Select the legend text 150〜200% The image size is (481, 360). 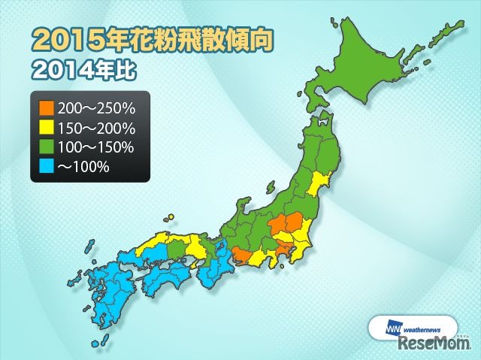[95, 127]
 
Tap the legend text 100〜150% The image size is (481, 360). [95, 147]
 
